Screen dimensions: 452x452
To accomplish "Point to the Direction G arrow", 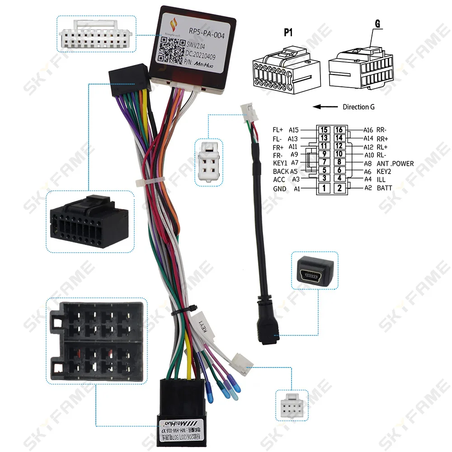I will click(325, 107).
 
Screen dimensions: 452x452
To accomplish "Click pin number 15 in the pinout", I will click(324, 130).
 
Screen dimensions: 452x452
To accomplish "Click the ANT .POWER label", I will click(395, 164).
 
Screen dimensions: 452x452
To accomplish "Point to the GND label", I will click(279, 188).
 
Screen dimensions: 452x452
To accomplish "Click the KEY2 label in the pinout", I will click(384, 172).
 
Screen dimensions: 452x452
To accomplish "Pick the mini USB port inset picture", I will click(315, 270).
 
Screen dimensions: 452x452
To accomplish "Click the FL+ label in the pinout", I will click(278, 130).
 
